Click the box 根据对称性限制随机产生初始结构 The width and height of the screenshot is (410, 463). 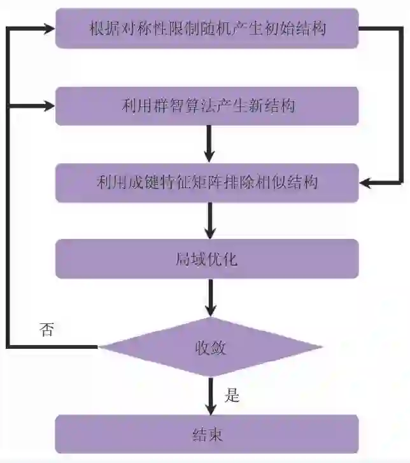tap(208, 28)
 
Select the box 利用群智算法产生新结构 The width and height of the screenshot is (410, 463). tap(208, 106)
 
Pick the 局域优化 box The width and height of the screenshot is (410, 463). tap(208, 258)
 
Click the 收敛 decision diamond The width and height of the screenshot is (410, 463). tap(210, 348)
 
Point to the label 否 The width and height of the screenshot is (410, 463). tap(46, 330)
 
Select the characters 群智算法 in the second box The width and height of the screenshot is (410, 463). tap(185, 106)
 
